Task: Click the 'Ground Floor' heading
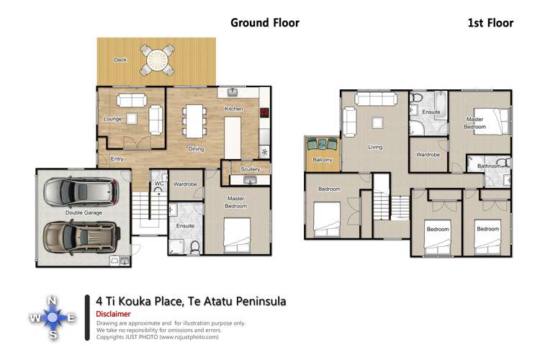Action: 264,22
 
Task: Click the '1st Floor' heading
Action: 490,23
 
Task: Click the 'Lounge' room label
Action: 112,119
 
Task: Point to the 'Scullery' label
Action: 251,169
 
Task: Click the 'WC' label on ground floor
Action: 158,184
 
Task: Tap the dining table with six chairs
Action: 193,121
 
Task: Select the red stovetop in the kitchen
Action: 264,112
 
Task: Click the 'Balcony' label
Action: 322,160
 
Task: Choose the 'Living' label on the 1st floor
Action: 375,147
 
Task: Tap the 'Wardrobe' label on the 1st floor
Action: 428,154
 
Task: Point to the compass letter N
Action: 52,300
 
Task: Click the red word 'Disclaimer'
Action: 113,315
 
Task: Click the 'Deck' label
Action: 120,60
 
